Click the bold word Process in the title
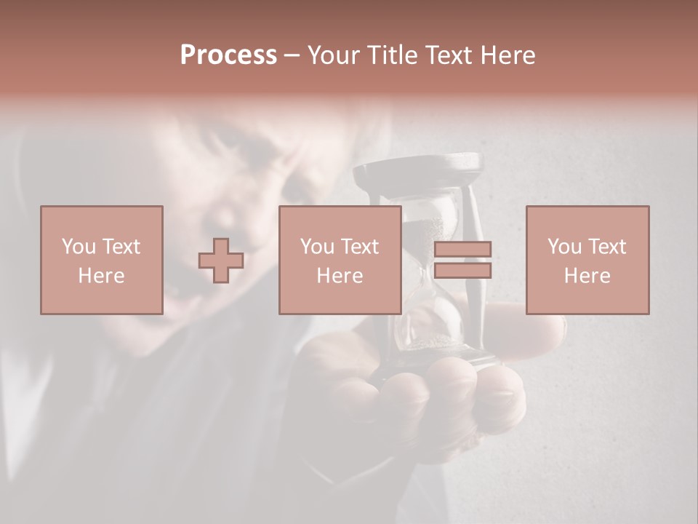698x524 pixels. pyautogui.click(x=228, y=55)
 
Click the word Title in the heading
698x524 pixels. pyautogui.click(x=392, y=55)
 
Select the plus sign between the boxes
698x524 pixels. pyautogui.click(x=221, y=261)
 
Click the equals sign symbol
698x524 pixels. pyautogui.click(x=462, y=261)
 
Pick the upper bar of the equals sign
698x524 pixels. pyautogui.click(x=462, y=250)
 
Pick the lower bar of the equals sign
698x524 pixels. pyautogui.click(x=462, y=271)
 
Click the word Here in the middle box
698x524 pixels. pyautogui.click(x=340, y=276)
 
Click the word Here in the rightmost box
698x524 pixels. pyautogui.click(x=587, y=276)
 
